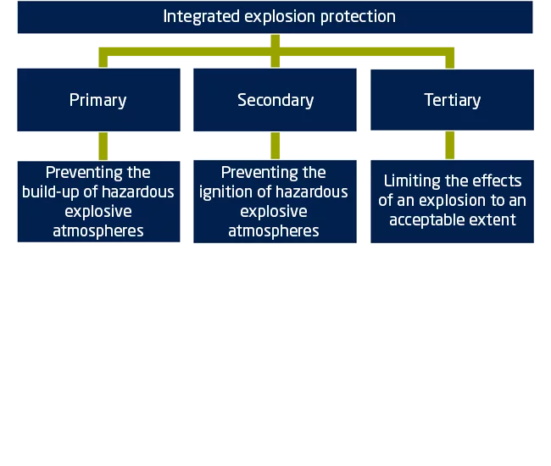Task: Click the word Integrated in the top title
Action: tap(202, 17)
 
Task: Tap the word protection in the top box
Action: tap(358, 17)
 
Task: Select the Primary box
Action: tap(98, 100)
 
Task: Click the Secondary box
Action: tap(275, 100)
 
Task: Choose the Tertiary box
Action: tap(453, 100)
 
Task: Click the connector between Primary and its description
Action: tap(103, 146)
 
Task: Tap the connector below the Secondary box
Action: tap(275, 146)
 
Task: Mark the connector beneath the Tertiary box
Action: tap(450, 145)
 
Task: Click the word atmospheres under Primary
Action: tap(98, 231)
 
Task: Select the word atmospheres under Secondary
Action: tap(274, 231)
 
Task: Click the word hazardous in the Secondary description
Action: tap(312, 191)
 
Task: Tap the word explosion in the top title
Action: tap(280, 17)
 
